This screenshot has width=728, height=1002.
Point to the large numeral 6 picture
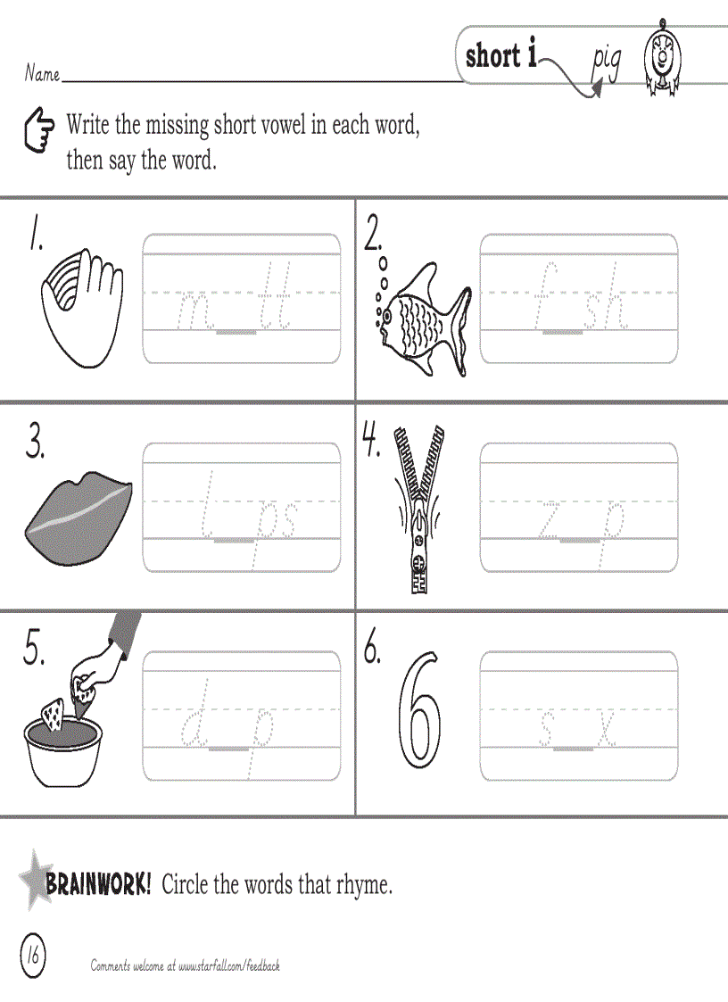(420, 710)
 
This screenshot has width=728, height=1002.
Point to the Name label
(42, 73)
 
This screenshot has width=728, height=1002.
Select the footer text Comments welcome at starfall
(186, 965)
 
